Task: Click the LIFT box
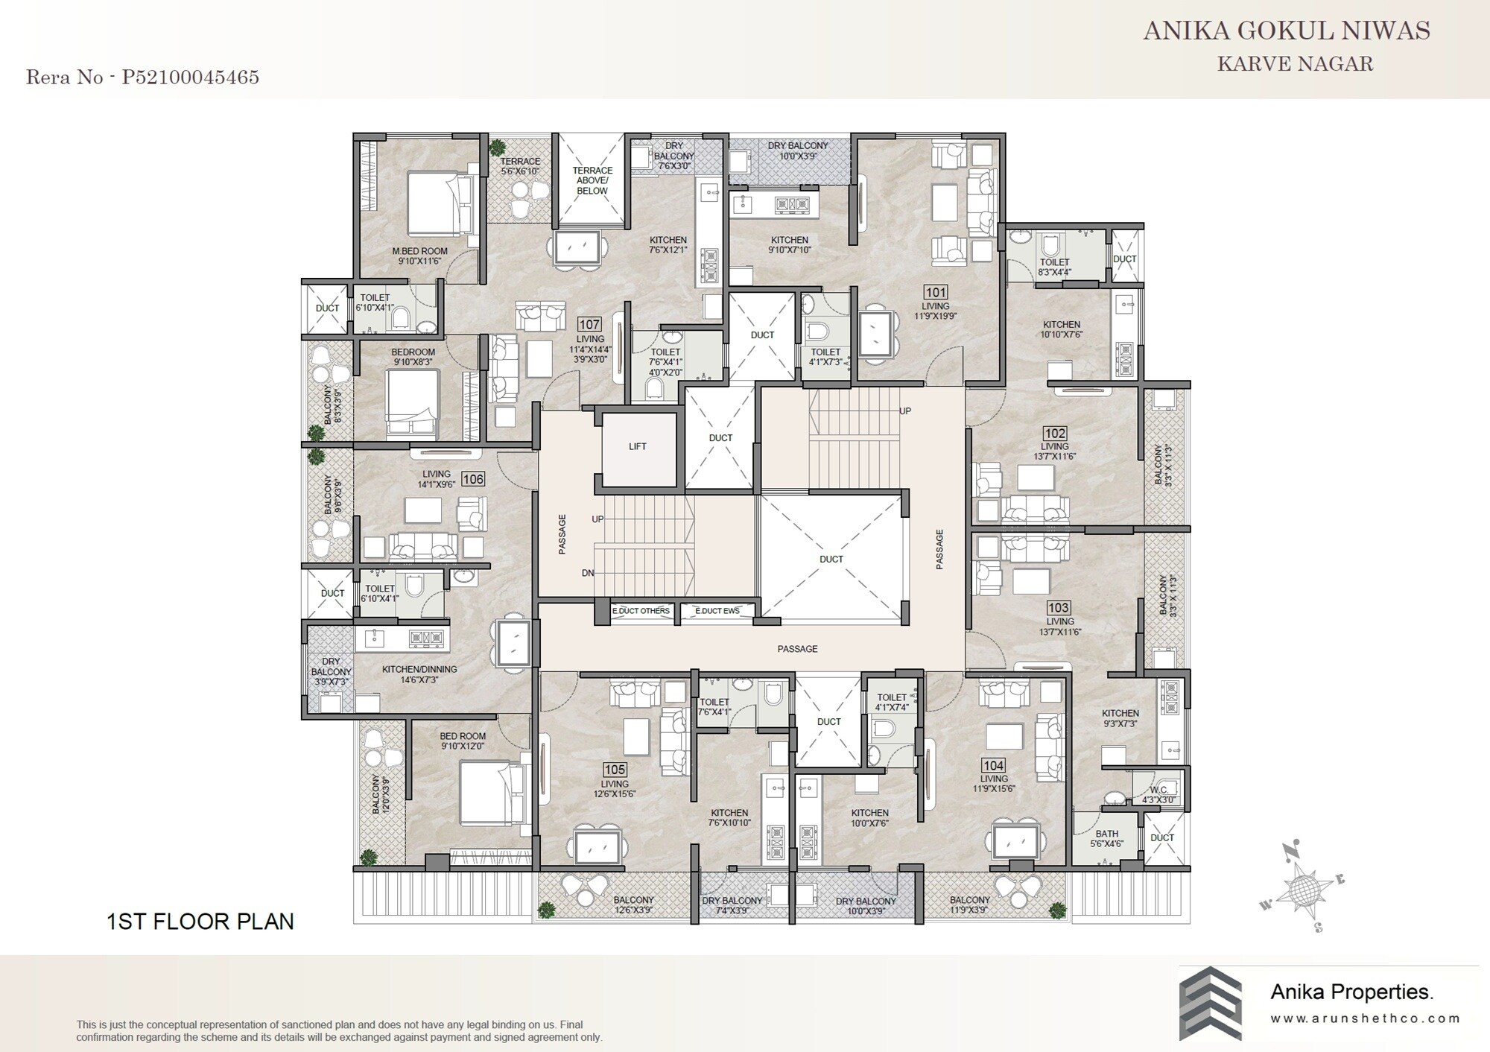pyautogui.click(x=638, y=446)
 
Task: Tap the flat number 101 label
pyautogui.click(x=935, y=291)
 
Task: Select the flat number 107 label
pyautogui.click(x=589, y=324)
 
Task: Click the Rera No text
pyautogui.click(x=142, y=77)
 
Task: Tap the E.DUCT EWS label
pyautogui.click(x=717, y=611)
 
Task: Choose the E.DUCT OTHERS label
pyautogui.click(x=641, y=611)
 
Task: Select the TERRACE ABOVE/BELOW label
pyautogui.click(x=592, y=180)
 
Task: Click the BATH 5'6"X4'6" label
pyautogui.click(x=1106, y=839)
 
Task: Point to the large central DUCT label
pyautogui.click(x=831, y=559)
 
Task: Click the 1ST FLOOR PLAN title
pyautogui.click(x=200, y=922)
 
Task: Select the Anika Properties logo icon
pyautogui.click(x=1210, y=1003)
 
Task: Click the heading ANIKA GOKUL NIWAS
pyautogui.click(x=1287, y=31)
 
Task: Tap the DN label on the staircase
pyautogui.click(x=588, y=573)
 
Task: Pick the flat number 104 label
pyautogui.click(x=993, y=765)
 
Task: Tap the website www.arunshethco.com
pyautogui.click(x=1365, y=1018)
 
